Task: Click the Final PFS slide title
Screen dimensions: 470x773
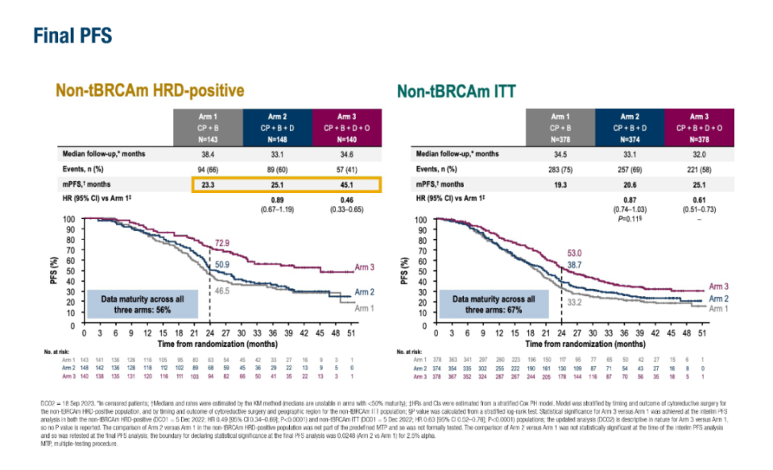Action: pyautogui.click(x=72, y=35)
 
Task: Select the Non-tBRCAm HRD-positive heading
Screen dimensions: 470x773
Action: pyautogui.click(x=149, y=90)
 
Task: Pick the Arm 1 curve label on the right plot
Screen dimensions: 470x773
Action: pyautogui.click(x=720, y=308)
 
